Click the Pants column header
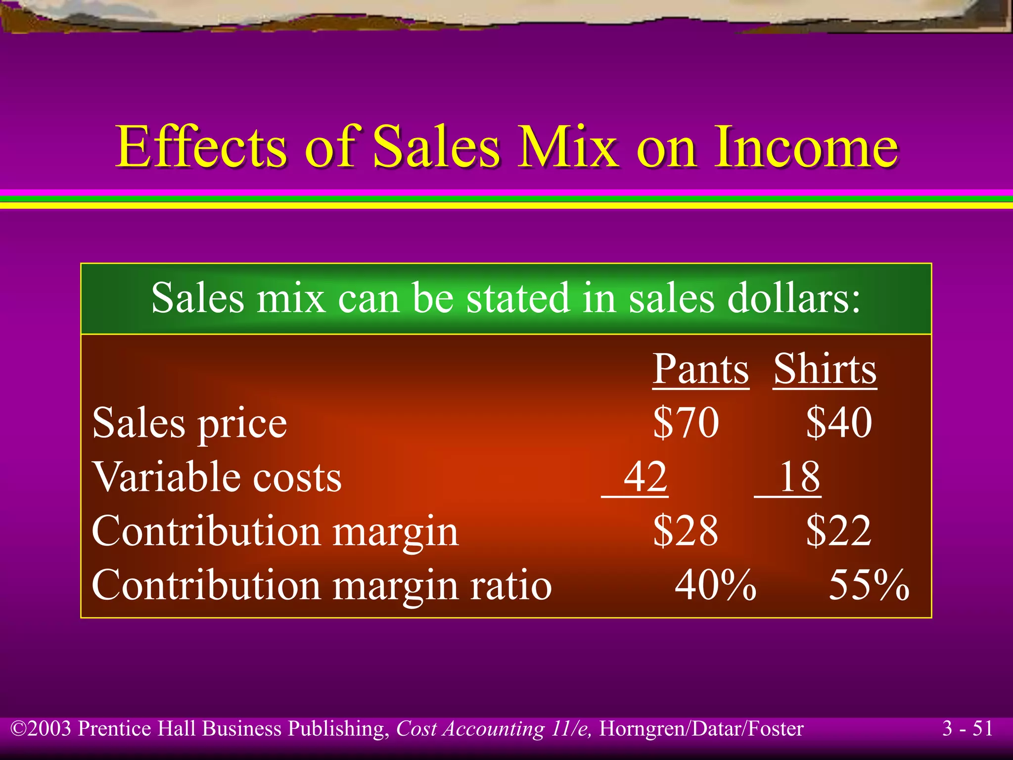700,369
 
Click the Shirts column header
825,369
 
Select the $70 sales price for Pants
686,423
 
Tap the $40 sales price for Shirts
839,423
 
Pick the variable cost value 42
645,476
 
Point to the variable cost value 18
799,476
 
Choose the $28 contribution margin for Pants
686,530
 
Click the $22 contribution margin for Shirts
838,530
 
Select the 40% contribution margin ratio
715,584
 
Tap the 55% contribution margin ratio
869,584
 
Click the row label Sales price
189,424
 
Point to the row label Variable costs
217,477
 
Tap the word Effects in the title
201,147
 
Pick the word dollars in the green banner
793,298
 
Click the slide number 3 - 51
967,728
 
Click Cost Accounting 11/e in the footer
493,729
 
